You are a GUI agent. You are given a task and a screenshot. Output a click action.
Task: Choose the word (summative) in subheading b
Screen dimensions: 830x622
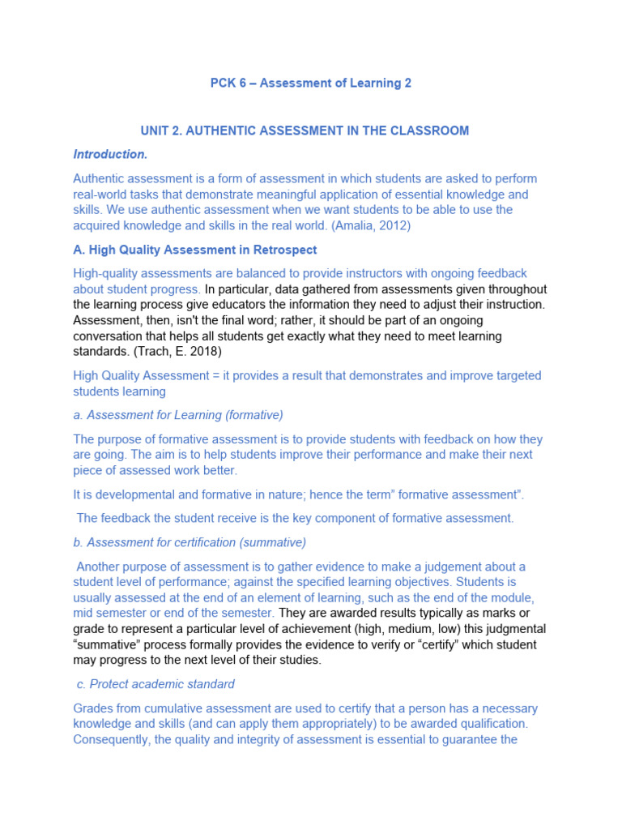click(x=269, y=542)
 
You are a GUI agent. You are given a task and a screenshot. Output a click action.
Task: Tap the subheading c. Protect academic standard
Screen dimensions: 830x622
click(x=156, y=684)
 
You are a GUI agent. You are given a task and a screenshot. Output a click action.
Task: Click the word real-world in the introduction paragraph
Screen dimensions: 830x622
click(x=102, y=195)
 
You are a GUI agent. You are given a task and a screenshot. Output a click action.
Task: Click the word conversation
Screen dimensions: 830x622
click(x=109, y=336)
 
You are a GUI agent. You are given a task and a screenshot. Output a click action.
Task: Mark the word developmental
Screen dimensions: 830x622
click(x=121, y=494)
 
